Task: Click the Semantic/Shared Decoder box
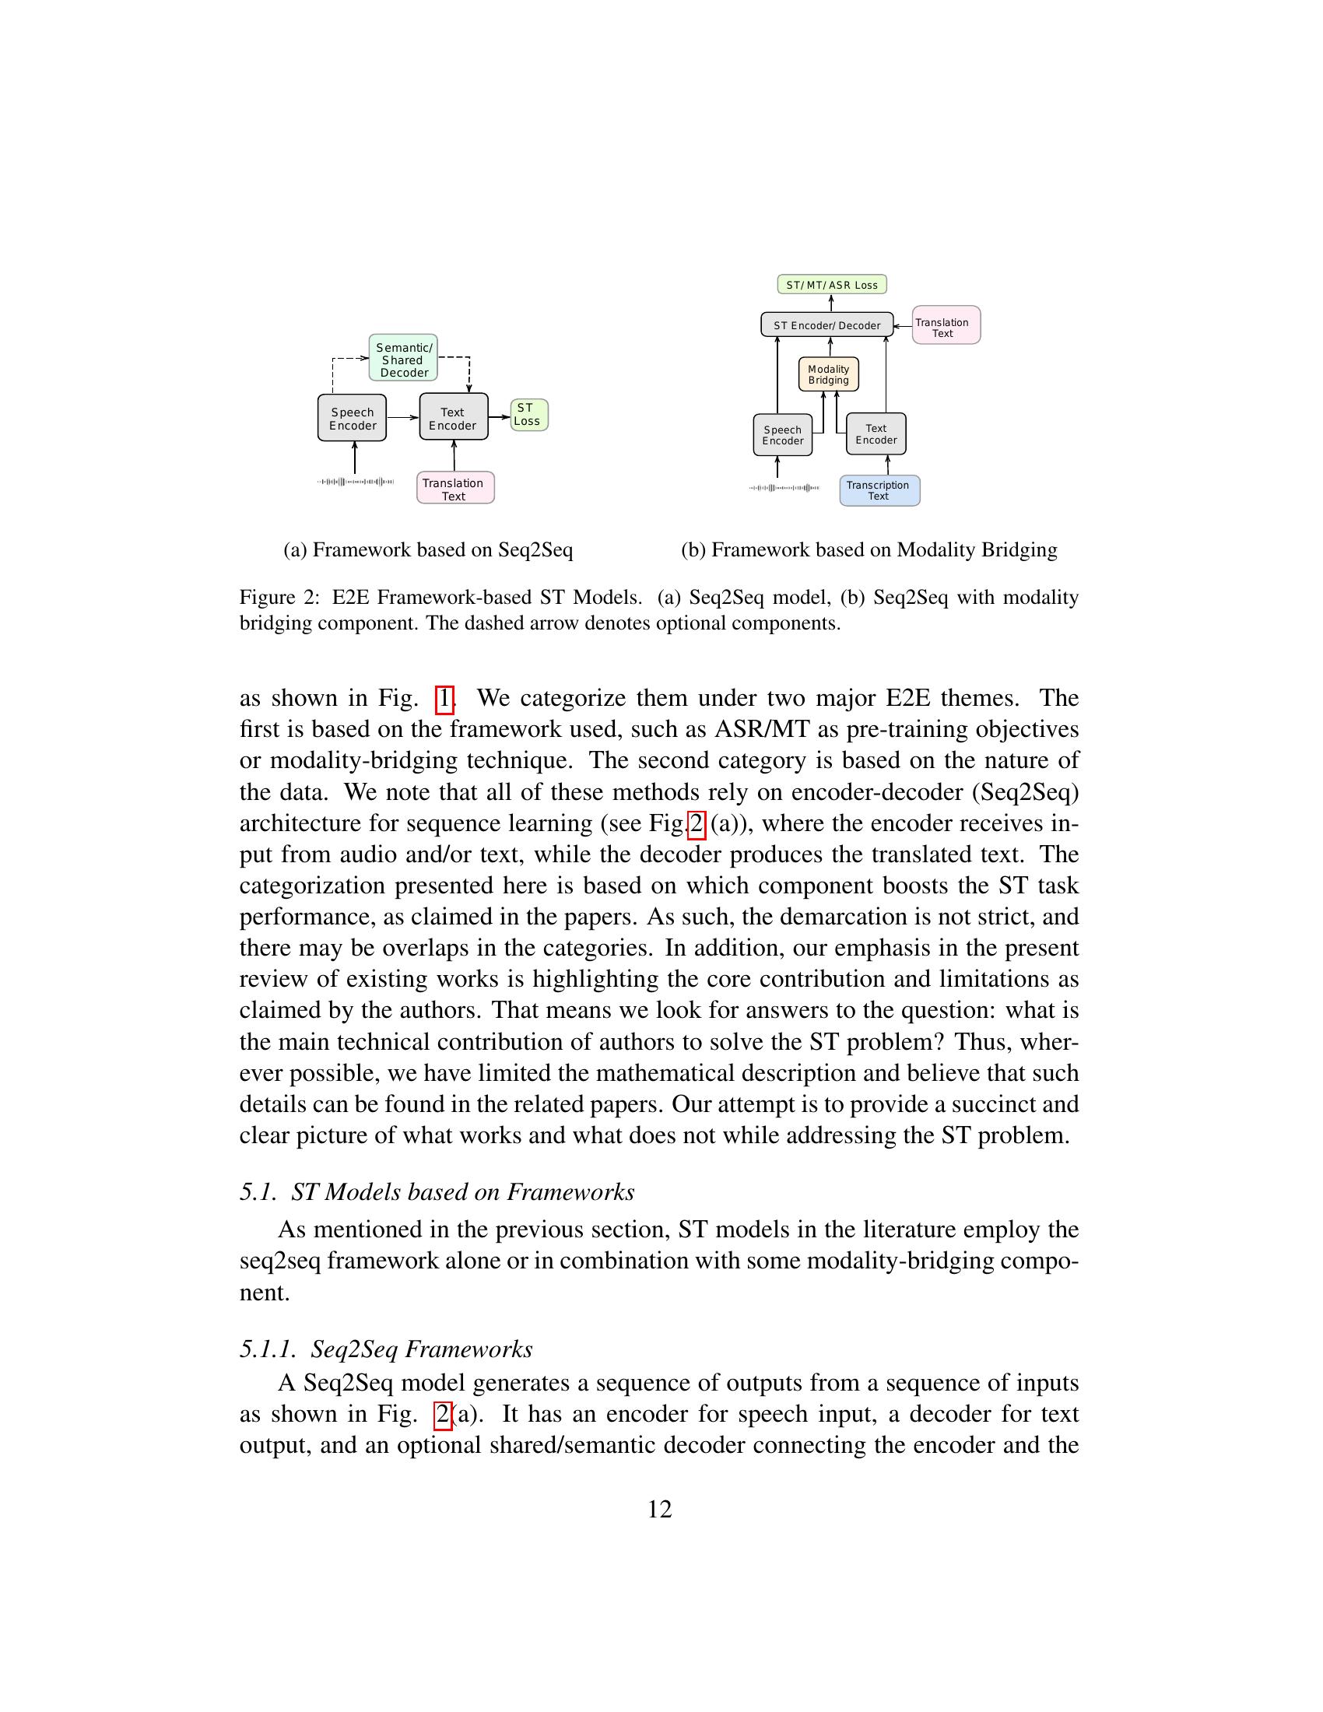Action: click(403, 358)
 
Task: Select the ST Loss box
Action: click(529, 415)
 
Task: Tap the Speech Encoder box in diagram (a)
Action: click(352, 419)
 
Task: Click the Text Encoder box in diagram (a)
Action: click(453, 418)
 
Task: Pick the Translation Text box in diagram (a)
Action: click(454, 489)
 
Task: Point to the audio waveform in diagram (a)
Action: click(355, 481)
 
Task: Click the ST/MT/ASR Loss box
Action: click(831, 285)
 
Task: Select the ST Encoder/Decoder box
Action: click(826, 325)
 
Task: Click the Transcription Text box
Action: click(879, 491)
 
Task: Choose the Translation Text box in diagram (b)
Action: click(946, 326)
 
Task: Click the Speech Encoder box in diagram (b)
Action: click(782, 435)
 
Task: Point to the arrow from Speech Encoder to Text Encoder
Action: click(403, 418)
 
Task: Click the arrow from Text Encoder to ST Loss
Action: click(500, 416)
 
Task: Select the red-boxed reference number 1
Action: click(444, 698)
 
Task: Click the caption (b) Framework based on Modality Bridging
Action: click(869, 550)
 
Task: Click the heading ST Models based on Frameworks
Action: click(462, 1192)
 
